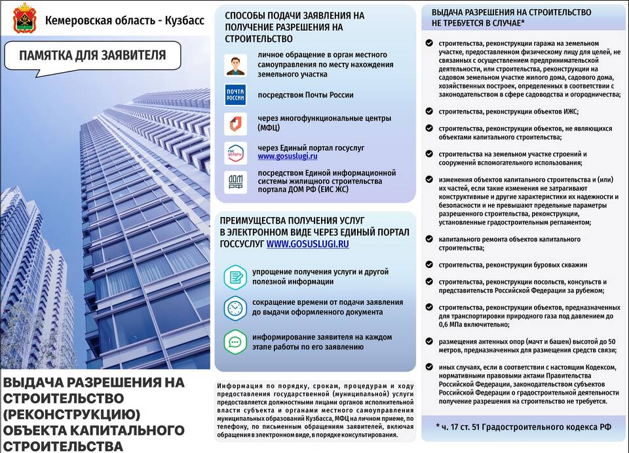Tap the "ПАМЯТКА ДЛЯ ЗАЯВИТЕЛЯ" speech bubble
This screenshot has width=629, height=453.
(92, 56)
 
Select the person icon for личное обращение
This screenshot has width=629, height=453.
(235, 65)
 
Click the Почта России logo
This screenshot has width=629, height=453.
(235, 95)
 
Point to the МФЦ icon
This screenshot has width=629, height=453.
(235, 123)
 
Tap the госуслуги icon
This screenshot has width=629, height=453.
(235, 152)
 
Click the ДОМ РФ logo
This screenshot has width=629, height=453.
(235, 182)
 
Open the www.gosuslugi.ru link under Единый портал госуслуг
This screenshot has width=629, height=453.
(288, 157)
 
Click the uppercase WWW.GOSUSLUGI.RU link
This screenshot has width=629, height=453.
(307, 243)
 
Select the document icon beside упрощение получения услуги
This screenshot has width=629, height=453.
(235, 277)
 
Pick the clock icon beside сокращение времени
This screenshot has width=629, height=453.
(235, 308)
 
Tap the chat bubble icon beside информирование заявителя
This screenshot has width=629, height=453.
(235, 341)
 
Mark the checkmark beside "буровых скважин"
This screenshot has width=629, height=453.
(428, 265)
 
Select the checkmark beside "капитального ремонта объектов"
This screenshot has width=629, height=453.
(428, 240)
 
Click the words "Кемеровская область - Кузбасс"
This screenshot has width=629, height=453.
(124, 20)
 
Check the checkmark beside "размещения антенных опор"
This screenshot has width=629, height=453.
(428, 342)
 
